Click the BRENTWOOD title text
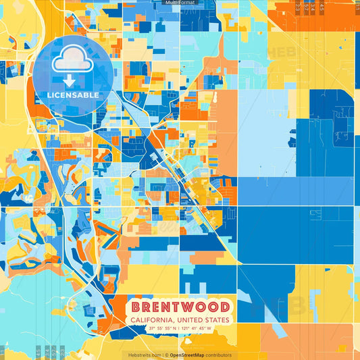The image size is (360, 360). point(180,307)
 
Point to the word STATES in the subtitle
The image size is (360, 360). point(216,320)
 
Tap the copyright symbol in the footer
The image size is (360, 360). point(165,355)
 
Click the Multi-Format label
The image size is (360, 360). point(180,3)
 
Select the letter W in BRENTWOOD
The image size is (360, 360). point(191,307)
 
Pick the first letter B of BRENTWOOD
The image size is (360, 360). point(136,307)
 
